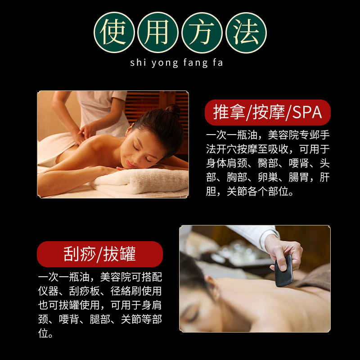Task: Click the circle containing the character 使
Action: (x=114, y=32)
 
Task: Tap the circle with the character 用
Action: (x=158, y=32)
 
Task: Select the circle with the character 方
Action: (x=202, y=32)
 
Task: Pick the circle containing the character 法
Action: (x=246, y=32)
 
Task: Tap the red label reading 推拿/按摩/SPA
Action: (x=268, y=112)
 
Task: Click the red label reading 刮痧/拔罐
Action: (x=99, y=254)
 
